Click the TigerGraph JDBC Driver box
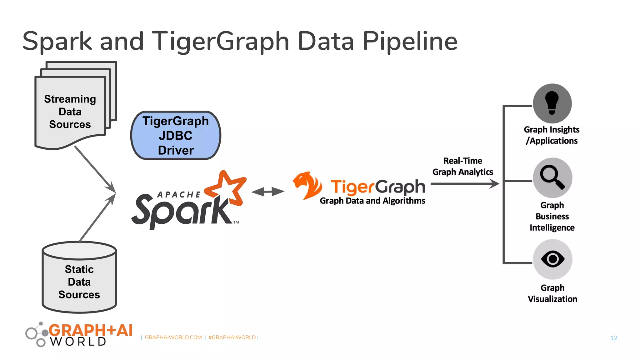tap(176, 135)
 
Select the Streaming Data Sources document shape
tap(70, 112)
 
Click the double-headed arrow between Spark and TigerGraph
tap(268, 192)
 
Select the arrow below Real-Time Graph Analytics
tap(465, 184)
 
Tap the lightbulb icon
tap(552, 103)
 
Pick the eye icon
tap(552, 259)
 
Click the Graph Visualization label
tap(552, 293)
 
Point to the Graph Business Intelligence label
tap(552, 216)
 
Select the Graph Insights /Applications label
tap(552, 135)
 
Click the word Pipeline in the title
tap(410, 41)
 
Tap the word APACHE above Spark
tap(179, 195)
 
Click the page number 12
tap(614, 338)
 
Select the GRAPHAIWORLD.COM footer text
tap(173, 337)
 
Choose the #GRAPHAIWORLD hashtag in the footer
tap(232, 337)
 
